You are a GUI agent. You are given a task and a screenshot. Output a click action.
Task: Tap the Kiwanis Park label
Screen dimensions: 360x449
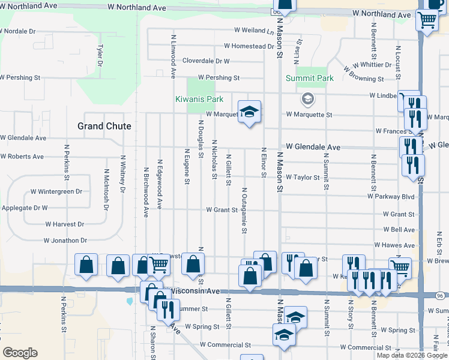[x=199, y=99]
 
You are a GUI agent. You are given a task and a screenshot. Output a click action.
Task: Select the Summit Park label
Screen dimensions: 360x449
[x=309, y=79]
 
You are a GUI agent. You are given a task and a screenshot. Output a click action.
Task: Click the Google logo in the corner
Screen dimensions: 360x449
[x=20, y=353]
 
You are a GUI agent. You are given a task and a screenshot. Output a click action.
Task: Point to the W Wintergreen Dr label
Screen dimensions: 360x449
[x=56, y=192]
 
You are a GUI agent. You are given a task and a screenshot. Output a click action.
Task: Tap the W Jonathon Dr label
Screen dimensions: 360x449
[x=65, y=240]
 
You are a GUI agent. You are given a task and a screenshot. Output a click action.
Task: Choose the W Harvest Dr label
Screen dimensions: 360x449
[x=64, y=224]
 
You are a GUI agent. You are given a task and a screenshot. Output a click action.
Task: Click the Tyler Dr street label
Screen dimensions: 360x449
[x=100, y=55]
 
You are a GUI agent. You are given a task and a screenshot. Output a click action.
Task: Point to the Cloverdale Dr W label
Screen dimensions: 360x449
[x=206, y=61]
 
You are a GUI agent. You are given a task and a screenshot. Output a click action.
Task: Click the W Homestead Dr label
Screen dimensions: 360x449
[x=249, y=46]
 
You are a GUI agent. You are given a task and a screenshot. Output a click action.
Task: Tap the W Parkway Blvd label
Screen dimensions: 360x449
[x=391, y=196]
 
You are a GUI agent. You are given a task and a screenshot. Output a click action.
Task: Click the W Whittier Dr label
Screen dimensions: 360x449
[x=372, y=65]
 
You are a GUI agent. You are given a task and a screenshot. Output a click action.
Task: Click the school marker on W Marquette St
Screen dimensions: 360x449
[x=250, y=111]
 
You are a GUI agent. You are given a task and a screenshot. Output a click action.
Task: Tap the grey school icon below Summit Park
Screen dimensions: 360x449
[x=307, y=98]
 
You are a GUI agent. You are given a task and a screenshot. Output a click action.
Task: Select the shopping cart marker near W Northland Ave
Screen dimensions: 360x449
[x=427, y=20]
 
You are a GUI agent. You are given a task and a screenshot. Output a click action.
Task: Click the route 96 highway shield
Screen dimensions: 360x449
[x=439, y=296]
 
